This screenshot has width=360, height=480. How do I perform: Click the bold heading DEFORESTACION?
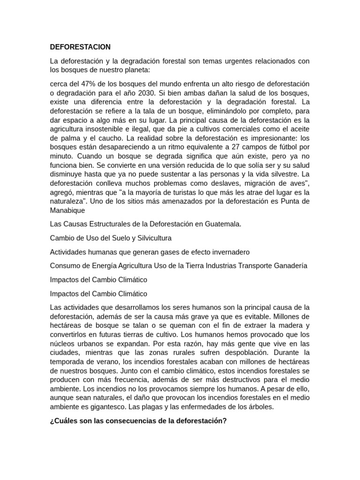(80, 47)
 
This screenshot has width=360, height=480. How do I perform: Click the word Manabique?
(67, 210)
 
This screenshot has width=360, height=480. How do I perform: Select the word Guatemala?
(222, 224)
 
